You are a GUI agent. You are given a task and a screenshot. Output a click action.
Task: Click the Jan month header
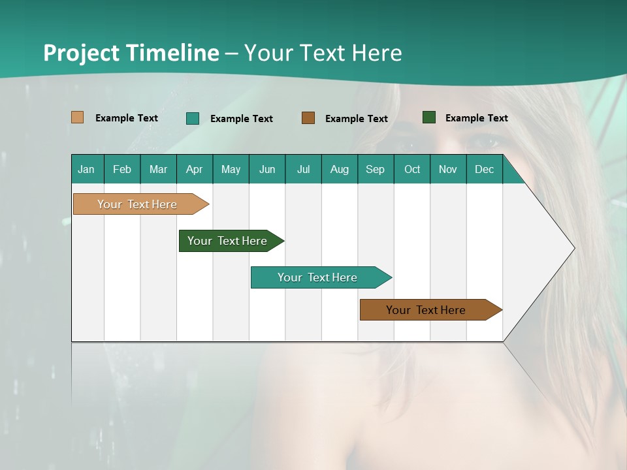[86, 169]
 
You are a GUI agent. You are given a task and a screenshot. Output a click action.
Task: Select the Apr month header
[195, 169]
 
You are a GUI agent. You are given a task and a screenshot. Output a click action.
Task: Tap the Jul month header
[303, 169]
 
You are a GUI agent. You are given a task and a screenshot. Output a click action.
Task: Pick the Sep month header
[375, 169]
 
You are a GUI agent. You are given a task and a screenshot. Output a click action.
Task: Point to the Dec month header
[484, 169]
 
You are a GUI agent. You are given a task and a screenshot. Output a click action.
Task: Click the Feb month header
[122, 169]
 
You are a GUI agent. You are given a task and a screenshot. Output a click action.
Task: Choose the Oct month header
[412, 169]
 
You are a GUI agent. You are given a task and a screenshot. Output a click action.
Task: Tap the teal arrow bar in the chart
[318, 277]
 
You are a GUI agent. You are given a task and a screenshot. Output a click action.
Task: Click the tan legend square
[78, 117]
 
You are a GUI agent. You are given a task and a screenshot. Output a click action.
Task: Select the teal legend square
[193, 118]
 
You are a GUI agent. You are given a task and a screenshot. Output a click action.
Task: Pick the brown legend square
[308, 117]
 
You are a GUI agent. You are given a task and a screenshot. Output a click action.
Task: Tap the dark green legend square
[429, 117]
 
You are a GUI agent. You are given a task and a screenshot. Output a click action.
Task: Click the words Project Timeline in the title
[131, 53]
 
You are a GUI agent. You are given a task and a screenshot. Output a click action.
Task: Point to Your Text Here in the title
[323, 53]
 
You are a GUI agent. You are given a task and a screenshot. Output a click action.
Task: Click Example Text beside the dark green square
[476, 117]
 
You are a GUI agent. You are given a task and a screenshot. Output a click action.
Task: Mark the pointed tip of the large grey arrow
[573, 248]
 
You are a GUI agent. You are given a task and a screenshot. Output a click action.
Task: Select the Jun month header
[267, 169]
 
